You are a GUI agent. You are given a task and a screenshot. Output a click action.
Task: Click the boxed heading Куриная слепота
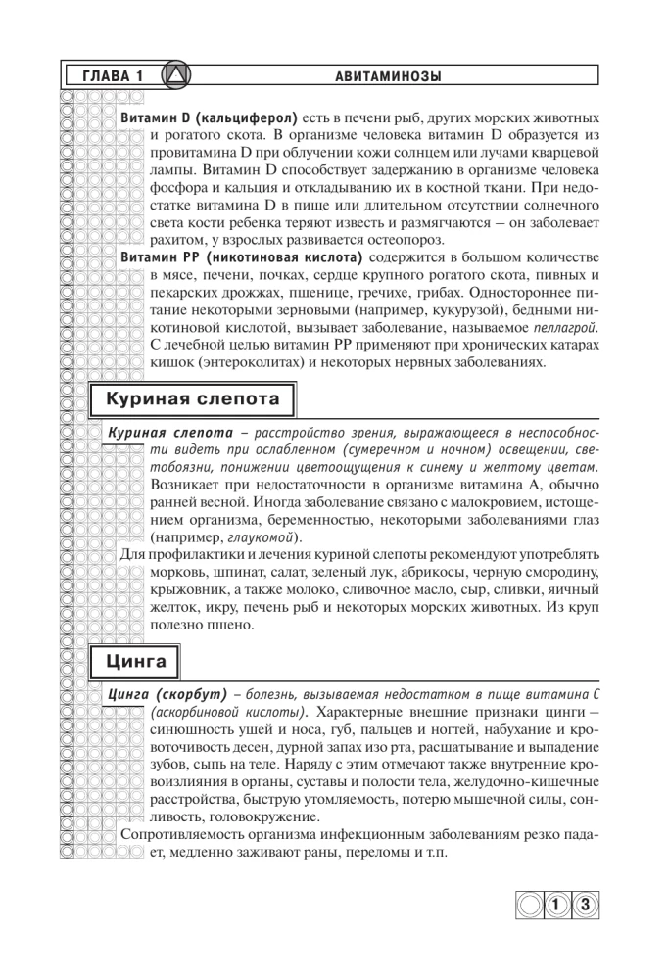[193, 399]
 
